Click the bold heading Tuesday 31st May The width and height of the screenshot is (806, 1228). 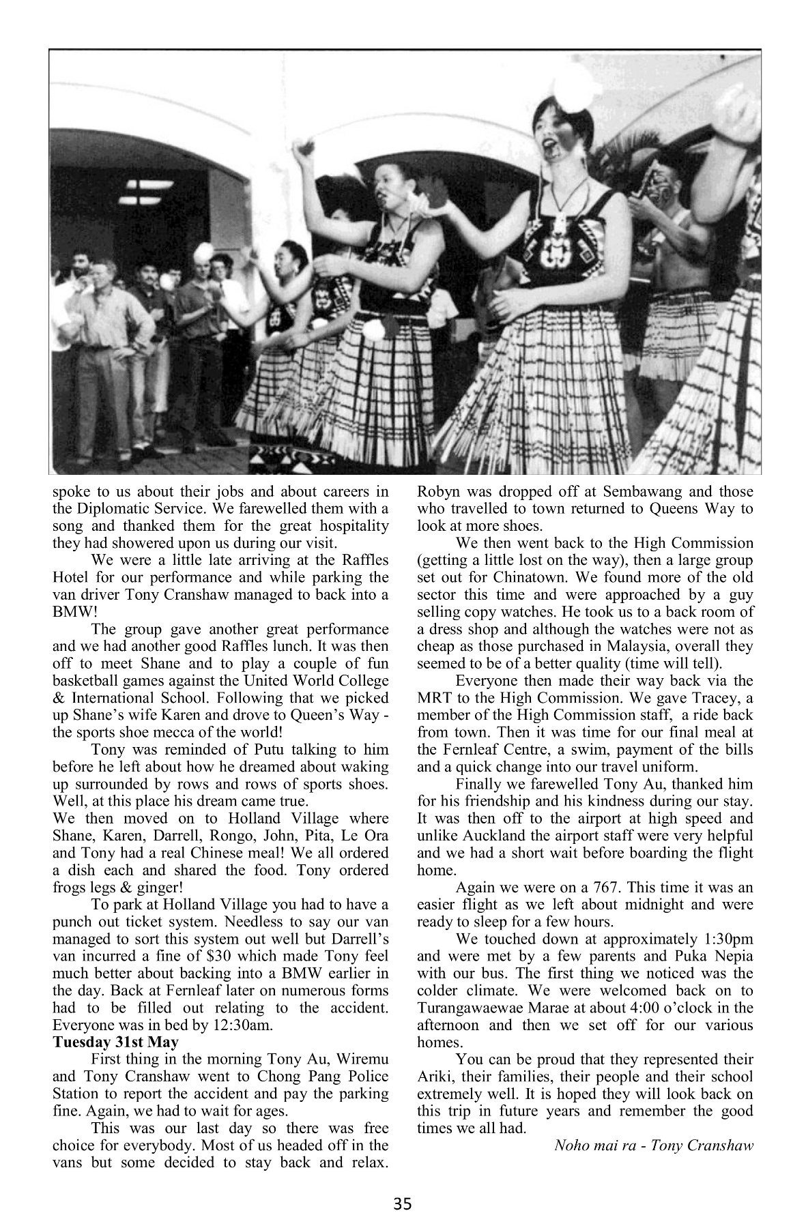point(116,1042)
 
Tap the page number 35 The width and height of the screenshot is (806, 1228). point(403,1204)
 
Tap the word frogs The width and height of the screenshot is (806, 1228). point(70,888)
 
